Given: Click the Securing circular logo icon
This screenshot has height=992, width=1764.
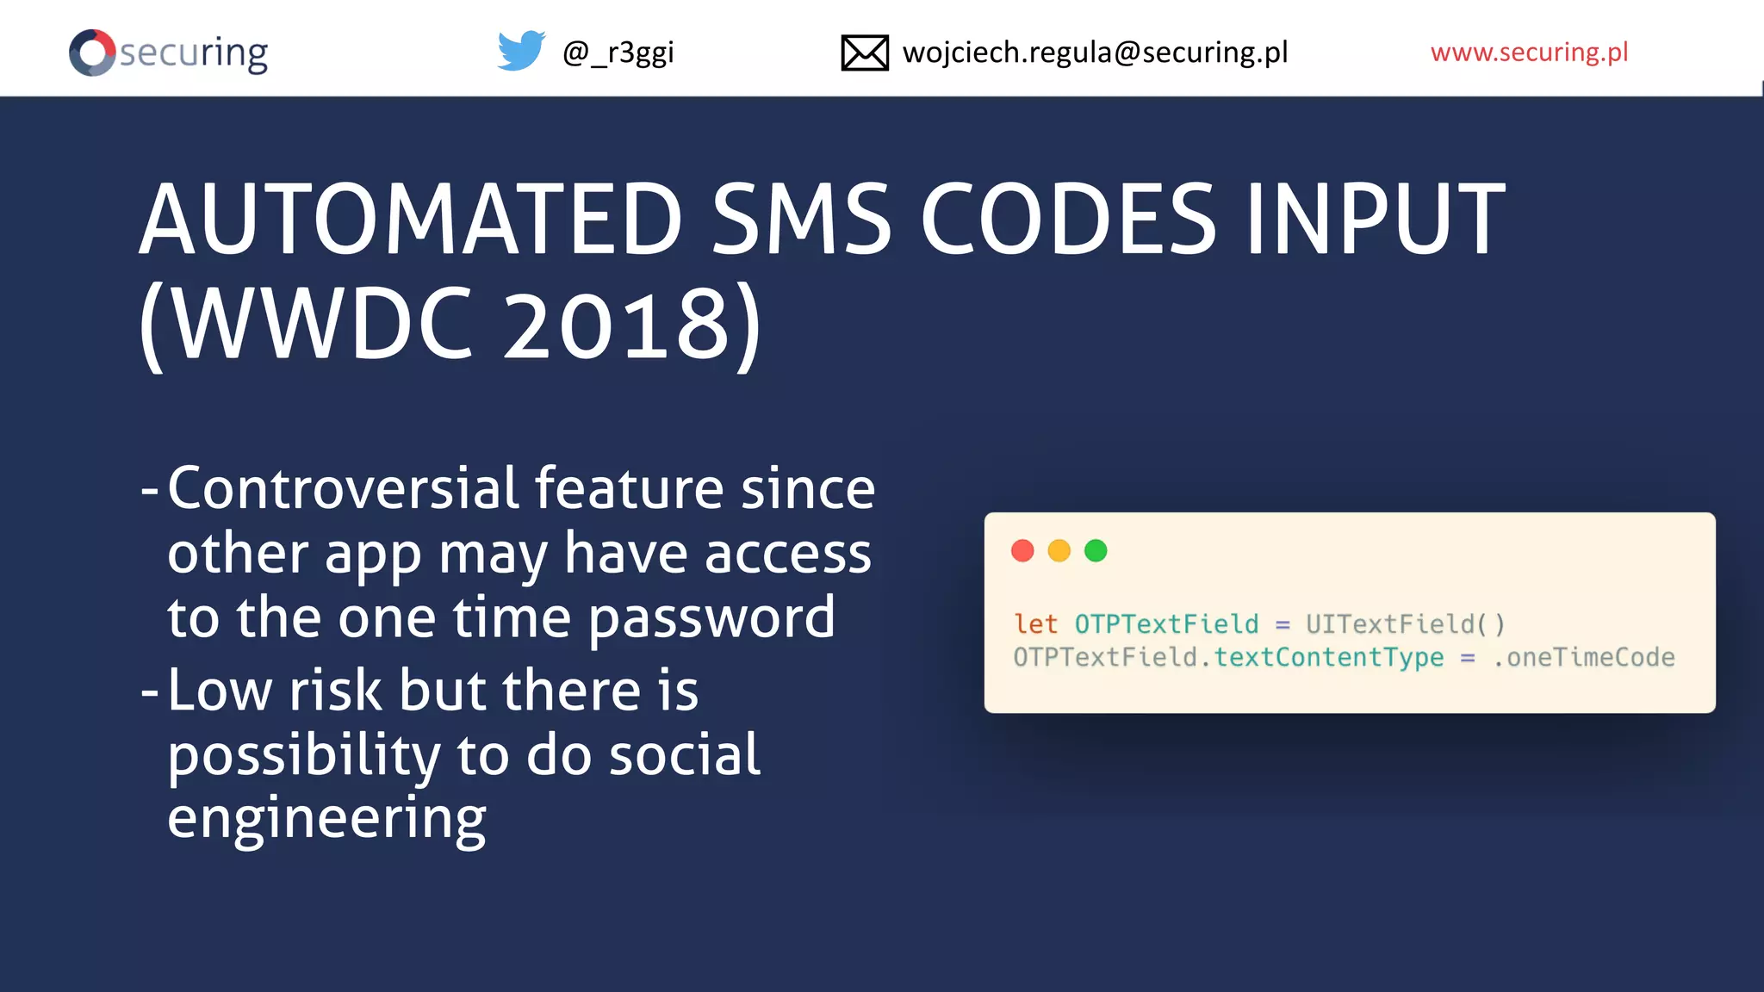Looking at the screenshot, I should pyautogui.click(x=92, y=53).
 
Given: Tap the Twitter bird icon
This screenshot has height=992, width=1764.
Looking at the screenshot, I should pyautogui.click(x=520, y=51).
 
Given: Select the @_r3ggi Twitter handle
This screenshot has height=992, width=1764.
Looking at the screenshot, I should pyautogui.click(x=618, y=53).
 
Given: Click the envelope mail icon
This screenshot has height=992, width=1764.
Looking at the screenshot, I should pyautogui.click(x=864, y=53).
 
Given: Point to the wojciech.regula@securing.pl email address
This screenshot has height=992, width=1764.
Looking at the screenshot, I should pyautogui.click(x=1095, y=53).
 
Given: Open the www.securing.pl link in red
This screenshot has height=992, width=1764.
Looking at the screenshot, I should pyautogui.click(x=1529, y=53).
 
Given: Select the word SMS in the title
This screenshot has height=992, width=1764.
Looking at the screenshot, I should pyautogui.click(x=801, y=220).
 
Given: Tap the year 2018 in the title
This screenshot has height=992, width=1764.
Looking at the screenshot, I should pyautogui.click(x=617, y=325).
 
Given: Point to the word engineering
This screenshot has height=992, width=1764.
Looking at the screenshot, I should pyautogui.click(x=326, y=818).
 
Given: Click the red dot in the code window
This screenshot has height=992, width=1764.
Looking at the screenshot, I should pyautogui.click(x=1022, y=551).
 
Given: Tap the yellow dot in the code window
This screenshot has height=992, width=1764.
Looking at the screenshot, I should pyautogui.click(x=1059, y=551).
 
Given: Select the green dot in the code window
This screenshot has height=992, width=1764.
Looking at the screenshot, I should pyautogui.click(x=1096, y=551).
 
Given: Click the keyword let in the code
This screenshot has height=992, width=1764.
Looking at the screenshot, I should pyautogui.click(x=1035, y=623).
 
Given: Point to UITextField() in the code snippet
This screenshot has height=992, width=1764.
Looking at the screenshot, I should pyautogui.click(x=1405, y=623).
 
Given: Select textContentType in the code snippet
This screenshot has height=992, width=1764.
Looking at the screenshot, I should pyautogui.click(x=1328, y=658).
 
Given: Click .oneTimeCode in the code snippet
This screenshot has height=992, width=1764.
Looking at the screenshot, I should pyautogui.click(x=1584, y=658).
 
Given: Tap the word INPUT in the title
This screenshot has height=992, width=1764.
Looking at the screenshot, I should pyautogui.click(x=1376, y=220).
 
